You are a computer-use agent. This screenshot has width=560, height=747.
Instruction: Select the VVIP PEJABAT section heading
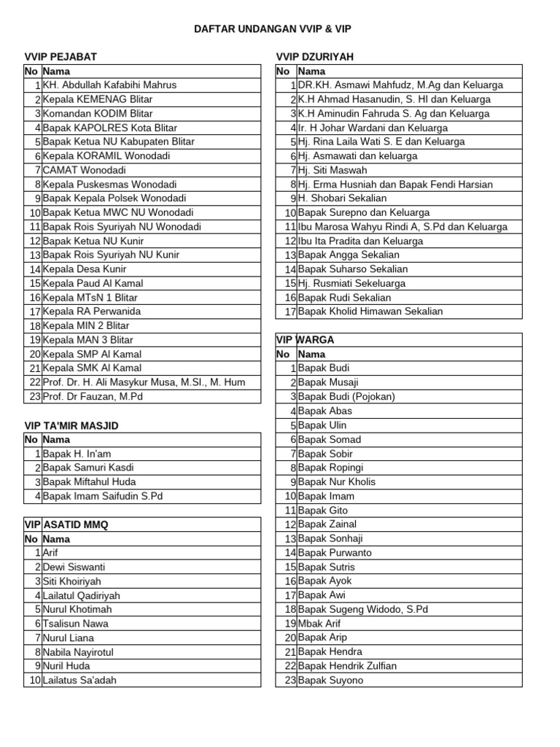click(61, 57)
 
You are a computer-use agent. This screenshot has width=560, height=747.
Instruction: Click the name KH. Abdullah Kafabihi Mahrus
click(109, 85)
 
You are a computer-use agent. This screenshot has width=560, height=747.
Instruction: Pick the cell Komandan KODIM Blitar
click(98, 114)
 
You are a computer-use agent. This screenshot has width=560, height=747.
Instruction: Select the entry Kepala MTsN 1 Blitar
click(90, 298)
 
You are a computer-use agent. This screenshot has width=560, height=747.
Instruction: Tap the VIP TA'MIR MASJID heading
click(71, 425)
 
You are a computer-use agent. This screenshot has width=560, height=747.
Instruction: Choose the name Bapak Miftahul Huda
click(90, 482)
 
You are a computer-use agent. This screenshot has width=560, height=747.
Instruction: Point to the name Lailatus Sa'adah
click(80, 681)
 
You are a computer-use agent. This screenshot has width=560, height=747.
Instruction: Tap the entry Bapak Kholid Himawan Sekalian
click(370, 311)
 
